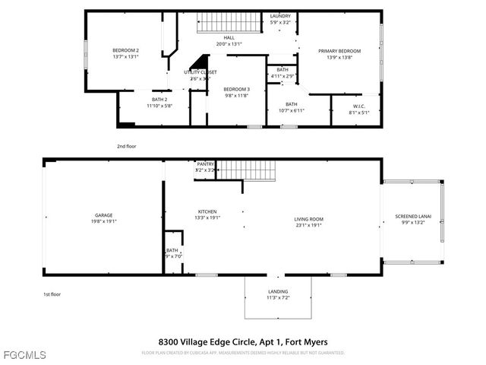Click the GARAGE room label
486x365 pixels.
click(104, 215)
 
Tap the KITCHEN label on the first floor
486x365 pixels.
click(207, 211)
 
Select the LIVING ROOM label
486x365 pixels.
click(309, 220)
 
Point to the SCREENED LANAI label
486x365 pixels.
click(412, 217)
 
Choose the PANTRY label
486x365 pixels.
click(205, 163)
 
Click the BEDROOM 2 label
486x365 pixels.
click(125, 51)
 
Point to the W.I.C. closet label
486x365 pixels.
click(359, 106)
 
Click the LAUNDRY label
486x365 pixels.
click(280, 16)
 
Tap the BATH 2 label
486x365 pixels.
click(159, 100)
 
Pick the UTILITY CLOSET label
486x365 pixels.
click(200, 72)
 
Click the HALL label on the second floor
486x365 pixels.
click(229, 38)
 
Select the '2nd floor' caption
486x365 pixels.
click(127, 145)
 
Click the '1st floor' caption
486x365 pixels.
click(52, 294)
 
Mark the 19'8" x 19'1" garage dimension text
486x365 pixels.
click(104, 221)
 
